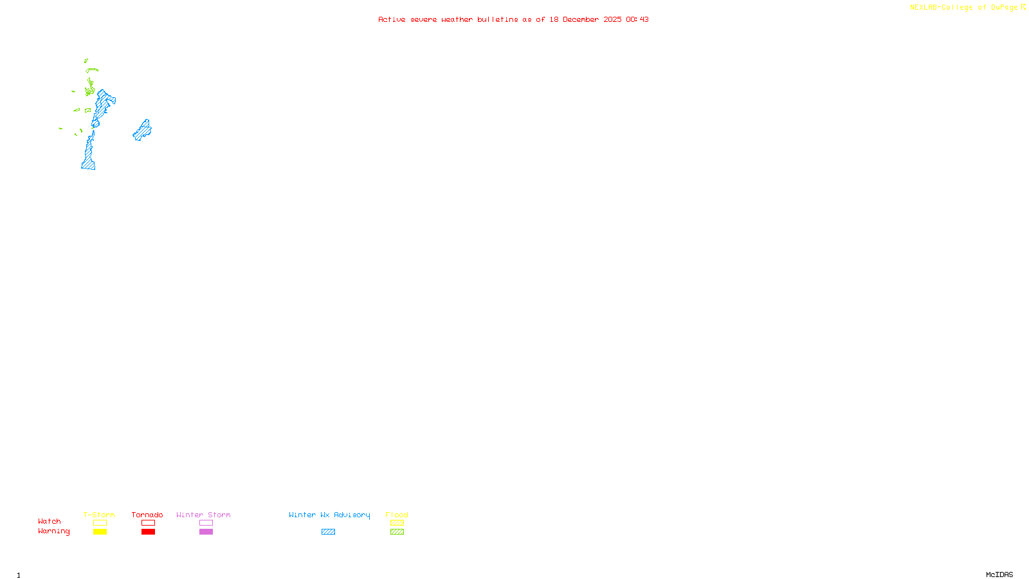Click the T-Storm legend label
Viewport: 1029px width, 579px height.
pyautogui.click(x=99, y=515)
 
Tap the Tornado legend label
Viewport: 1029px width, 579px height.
pyautogui.click(x=147, y=515)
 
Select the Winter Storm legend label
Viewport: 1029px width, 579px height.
pyautogui.click(x=203, y=515)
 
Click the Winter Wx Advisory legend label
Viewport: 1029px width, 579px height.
pyautogui.click(x=329, y=515)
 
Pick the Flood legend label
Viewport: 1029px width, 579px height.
pyautogui.click(x=397, y=515)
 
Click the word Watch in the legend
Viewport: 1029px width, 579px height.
pyautogui.click(x=50, y=521)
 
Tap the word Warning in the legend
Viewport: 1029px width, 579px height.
pyautogui.click(x=53, y=531)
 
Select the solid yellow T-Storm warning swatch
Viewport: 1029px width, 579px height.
pyautogui.click(x=100, y=532)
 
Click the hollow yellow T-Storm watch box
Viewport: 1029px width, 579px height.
pyautogui.click(x=100, y=523)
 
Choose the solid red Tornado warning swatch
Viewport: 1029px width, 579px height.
pyautogui.click(x=148, y=532)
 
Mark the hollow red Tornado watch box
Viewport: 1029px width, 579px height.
pyautogui.click(x=148, y=523)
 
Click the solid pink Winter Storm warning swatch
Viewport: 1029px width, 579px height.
pyautogui.click(x=206, y=532)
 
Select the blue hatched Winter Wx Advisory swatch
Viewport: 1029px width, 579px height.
pyautogui.click(x=328, y=532)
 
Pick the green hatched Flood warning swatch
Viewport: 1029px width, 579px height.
pyautogui.click(x=397, y=532)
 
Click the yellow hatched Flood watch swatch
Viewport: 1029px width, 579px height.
pyautogui.click(x=397, y=523)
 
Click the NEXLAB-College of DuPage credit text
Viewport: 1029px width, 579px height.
pyautogui.click(x=964, y=7)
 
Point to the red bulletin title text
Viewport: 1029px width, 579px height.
pyautogui.click(x=513, y=19)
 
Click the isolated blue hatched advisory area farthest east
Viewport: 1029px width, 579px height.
pyautogui.click(x=142, y=131)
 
